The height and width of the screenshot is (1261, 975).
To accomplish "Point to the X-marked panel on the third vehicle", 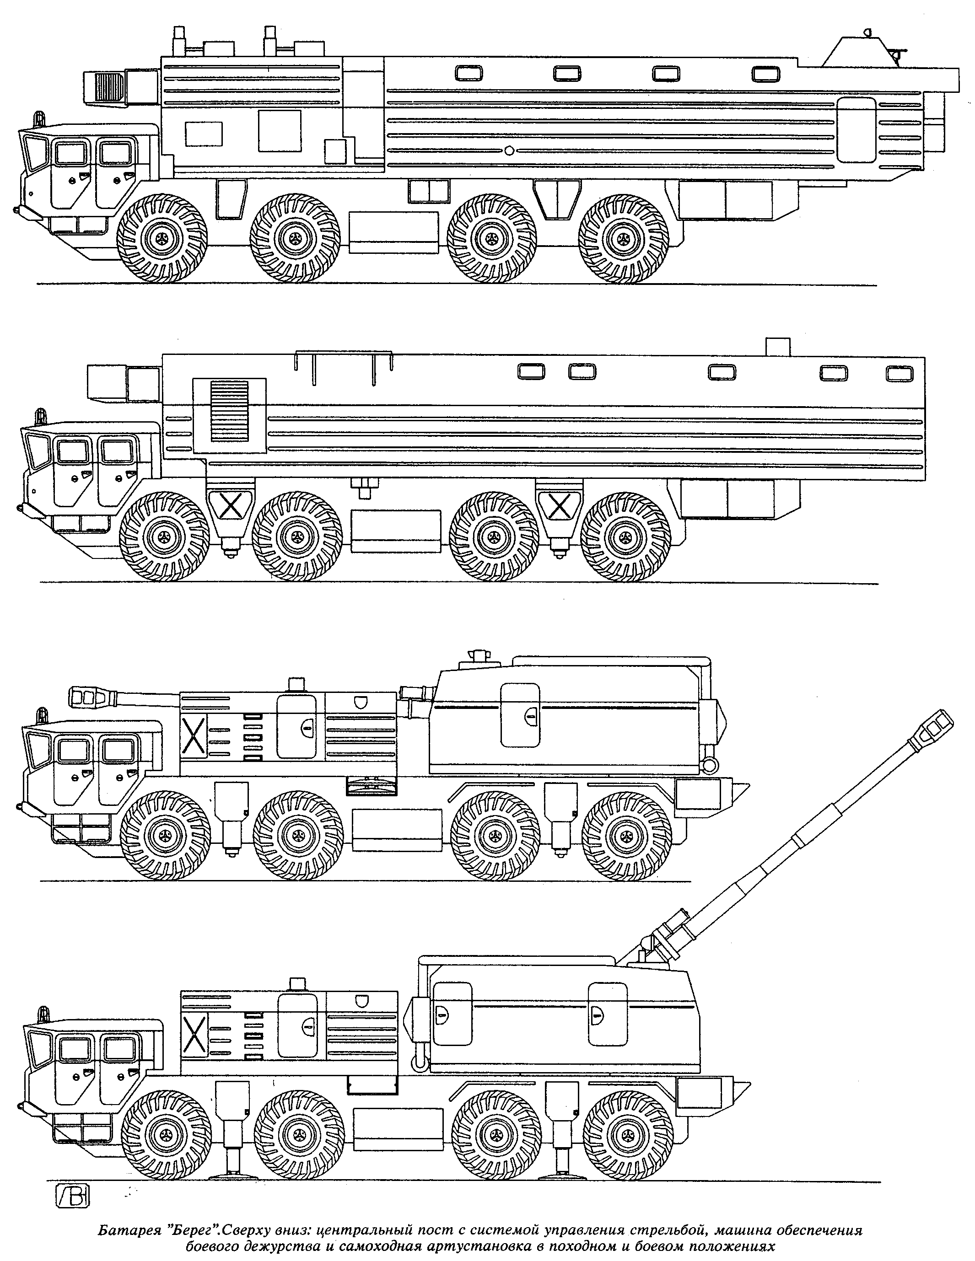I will [x=194, y=735].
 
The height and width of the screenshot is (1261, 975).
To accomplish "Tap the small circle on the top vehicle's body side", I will [x=509, y=150].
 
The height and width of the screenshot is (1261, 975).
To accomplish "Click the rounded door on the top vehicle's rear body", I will [x=856, y=129].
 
